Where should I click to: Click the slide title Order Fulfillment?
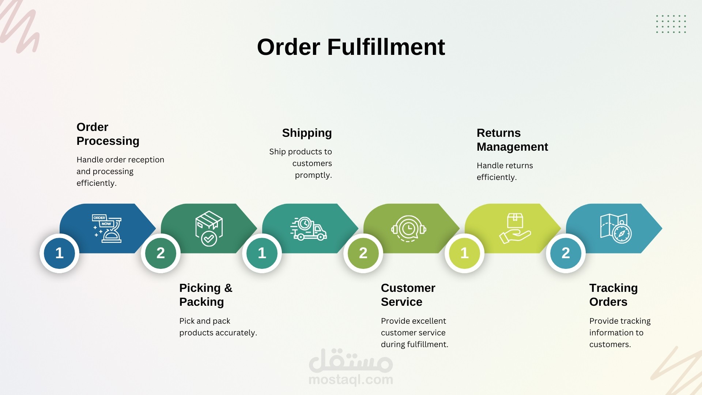[x=351, y=47]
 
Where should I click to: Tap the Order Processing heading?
[x=108, y=134]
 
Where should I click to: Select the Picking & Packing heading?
[x=206, y=295]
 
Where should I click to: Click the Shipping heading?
[x=307, y=133]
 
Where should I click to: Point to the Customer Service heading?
[x=408, y=295]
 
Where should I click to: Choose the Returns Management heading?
[x=512, y=140]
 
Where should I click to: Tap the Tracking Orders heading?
[x=614, y=295]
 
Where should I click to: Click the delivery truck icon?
[x=309, y=229]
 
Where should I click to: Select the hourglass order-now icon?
[x=106, y=229]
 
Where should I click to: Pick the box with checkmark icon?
[x=209, y=229]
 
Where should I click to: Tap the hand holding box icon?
[x=515, y=229]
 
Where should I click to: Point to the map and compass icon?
[x=616, y=229]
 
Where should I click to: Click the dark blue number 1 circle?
[x=59, y=253]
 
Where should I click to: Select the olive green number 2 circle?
[x=363, y=253]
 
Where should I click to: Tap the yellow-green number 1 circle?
[x=464, y=253]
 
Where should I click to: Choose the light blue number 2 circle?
[x=566, y=253]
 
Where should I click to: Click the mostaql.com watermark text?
[x=351, y=380]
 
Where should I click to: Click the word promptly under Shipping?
[x=313, y=175]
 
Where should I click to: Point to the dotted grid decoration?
[x=671, y=24]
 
